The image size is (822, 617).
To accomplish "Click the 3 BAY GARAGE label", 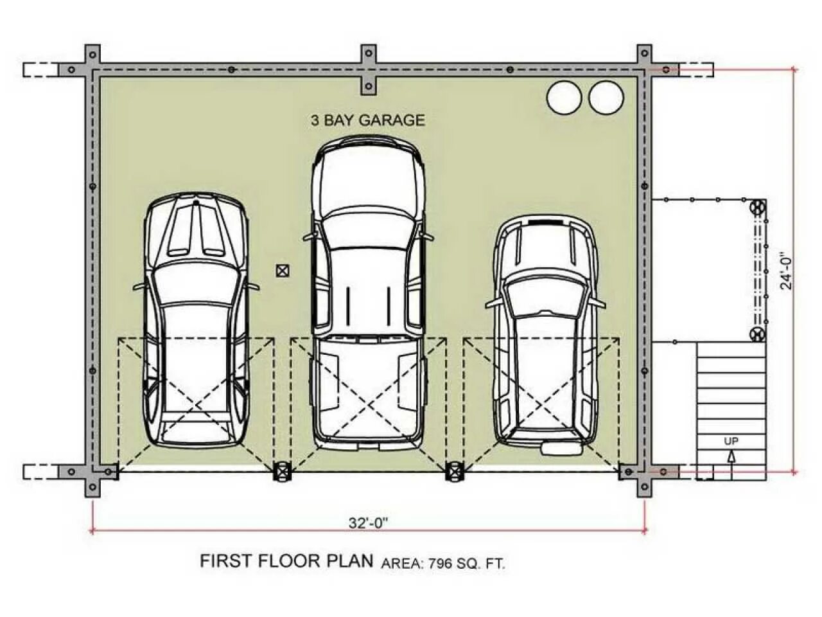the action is click(x=368, y=120).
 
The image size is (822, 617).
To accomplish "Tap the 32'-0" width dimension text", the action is click(x=367, y=523).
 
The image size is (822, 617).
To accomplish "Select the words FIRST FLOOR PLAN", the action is click(x=286, y=561).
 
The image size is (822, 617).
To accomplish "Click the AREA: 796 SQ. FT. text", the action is click(x=443, y=564).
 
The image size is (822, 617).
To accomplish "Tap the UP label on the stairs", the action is click(x=731, y=442).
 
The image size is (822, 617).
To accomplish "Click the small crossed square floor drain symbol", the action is click(x=283, y=271).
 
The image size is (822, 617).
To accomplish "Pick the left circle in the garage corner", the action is click(x=564, y=97).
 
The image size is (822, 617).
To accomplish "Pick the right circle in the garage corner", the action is click(x=606, y=97).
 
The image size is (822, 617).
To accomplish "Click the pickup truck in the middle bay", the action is click(x=368, y=292).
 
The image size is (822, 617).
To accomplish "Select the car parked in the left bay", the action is click(x=196, y=320).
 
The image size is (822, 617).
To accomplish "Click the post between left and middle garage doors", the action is click(x=283, y=471).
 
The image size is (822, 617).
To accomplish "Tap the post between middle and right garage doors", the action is click(x=454, y=471).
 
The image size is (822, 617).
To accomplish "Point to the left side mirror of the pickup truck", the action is click(x=310, y=236).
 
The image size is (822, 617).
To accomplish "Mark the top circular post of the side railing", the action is click(x=757, y=207).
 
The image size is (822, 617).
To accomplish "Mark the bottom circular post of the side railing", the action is click(x=757, y=334).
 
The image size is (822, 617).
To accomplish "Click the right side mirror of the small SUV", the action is click(x=597, y=303).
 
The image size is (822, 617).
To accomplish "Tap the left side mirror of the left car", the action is click(x=141, y=287).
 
